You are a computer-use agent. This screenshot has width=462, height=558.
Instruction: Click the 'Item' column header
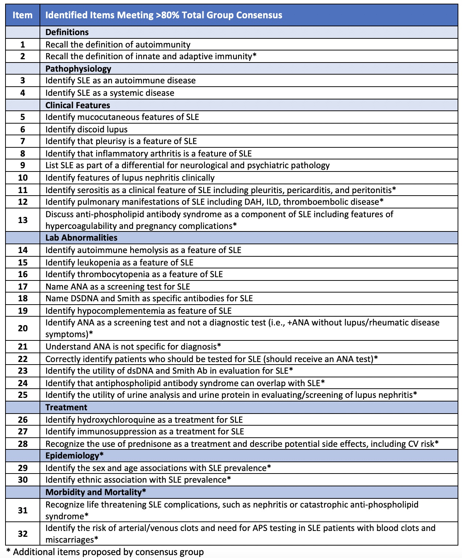22,15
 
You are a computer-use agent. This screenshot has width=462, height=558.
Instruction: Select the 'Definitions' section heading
67,32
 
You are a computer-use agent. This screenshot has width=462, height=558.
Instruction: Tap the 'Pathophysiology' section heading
78,69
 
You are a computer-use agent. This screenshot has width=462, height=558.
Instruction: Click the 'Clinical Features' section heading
78,105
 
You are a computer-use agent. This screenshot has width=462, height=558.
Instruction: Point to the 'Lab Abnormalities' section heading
81,238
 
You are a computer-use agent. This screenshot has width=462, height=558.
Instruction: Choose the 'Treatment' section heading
66,407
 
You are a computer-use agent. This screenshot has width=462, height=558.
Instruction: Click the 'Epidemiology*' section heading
74,456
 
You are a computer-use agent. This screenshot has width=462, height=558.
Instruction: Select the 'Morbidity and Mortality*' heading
96,492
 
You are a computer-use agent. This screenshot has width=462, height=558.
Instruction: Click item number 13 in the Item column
23,220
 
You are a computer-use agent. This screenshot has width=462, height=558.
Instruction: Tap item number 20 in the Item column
23,328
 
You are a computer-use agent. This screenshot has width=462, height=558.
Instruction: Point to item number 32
23,534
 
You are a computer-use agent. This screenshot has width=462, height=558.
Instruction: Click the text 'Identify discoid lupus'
86,129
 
